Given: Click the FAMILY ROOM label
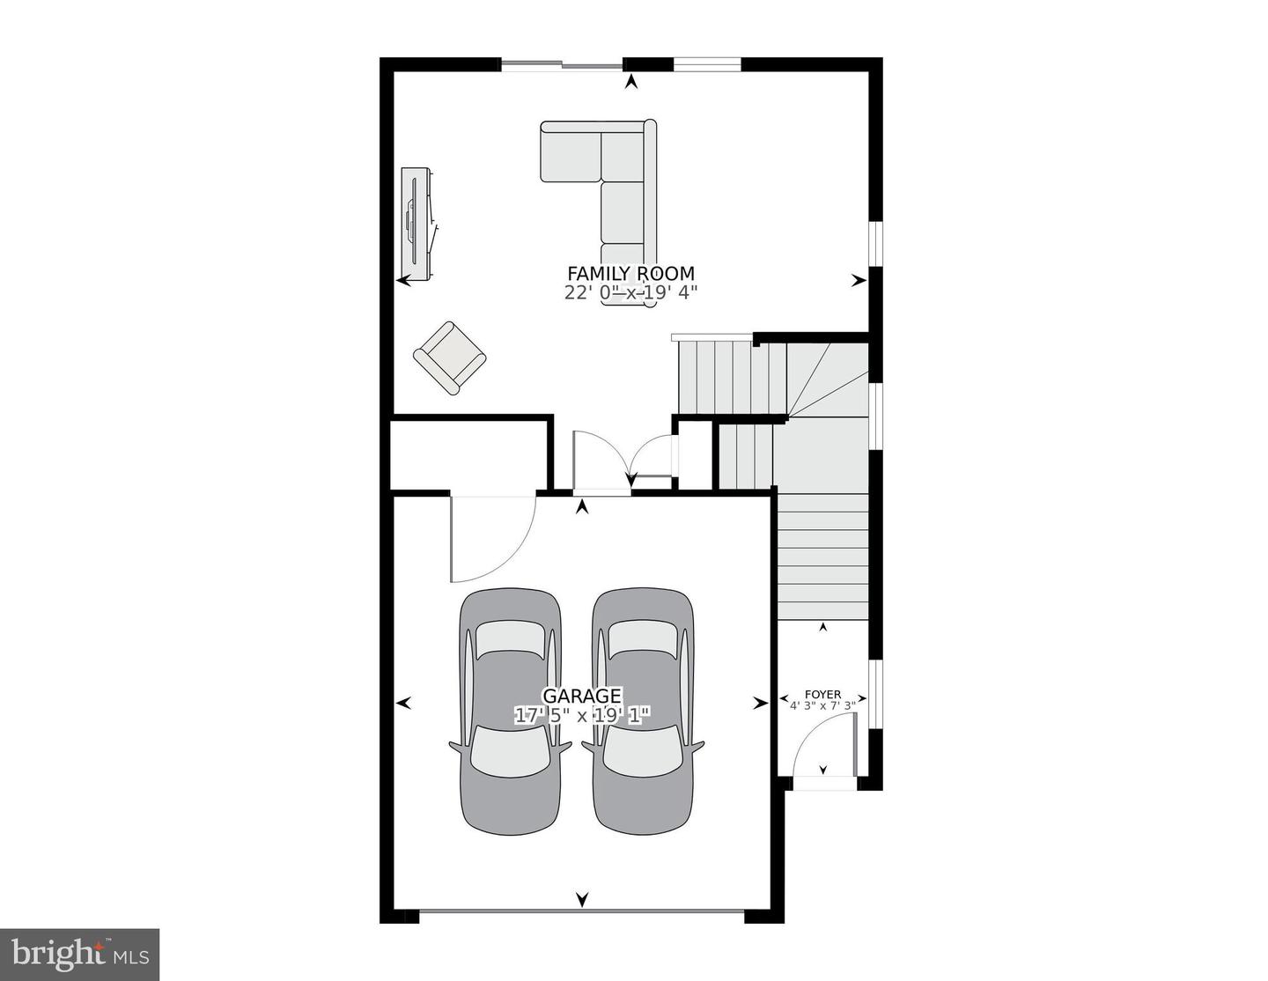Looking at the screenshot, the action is (630, 273).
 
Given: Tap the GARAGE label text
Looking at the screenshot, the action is (582, 696).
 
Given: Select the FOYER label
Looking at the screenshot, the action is (822, 695).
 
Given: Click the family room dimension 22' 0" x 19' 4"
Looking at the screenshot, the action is (630, 292).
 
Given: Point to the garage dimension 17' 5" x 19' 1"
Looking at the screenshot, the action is (582, 715).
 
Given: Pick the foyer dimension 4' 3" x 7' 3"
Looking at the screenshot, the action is (822, 705).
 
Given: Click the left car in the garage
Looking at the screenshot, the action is (510, 712).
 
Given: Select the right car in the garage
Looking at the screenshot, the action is (643, 712).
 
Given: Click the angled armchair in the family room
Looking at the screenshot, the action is (449, 358).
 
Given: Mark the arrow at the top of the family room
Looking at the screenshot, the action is (630, 82).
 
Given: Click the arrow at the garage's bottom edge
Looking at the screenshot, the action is (582, 916).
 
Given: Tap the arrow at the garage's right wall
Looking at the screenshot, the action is (760, 704).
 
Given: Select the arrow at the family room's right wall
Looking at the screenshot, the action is (859, 281).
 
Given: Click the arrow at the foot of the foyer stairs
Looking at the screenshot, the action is (822, 627).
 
